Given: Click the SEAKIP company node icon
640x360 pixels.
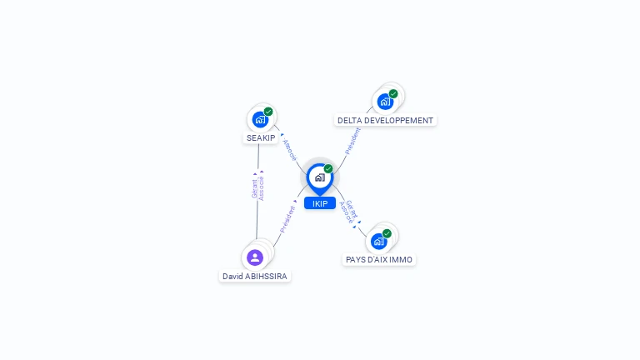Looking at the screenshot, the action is (260, 120).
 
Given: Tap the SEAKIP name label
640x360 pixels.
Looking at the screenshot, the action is (261, 138).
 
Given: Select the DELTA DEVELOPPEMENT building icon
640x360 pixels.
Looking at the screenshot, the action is (385, 102).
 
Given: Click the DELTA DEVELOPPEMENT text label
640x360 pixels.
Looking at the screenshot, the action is (385, 120).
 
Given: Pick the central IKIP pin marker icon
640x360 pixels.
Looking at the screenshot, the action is (320, 178).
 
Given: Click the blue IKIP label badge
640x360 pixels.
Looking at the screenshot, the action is (320, 203).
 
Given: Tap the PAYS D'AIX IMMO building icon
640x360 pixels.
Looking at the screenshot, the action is (379, 241).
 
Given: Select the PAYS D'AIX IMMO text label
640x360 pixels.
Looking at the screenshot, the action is (379, 260).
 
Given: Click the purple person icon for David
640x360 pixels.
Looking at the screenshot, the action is (255, 257).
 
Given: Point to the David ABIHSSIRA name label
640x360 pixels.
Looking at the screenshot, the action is (255, 277).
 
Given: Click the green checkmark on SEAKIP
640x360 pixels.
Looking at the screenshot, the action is (268, 112).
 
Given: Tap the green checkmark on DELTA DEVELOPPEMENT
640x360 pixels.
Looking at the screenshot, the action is (393, 94).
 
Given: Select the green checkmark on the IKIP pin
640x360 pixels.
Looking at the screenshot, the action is (328, 168).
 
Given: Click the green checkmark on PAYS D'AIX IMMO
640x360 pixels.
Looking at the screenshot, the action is (387, 233).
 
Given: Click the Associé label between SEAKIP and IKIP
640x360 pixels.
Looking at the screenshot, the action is (290, 150).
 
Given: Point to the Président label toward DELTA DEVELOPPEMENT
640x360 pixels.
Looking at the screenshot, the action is (352, 141).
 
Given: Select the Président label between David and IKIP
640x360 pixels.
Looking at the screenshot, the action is (287, 219).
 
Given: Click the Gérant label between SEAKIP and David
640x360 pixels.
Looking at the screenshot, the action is (255, 189).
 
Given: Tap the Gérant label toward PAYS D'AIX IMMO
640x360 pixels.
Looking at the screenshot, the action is (352, 208).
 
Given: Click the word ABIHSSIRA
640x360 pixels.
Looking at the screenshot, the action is (266, 277).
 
